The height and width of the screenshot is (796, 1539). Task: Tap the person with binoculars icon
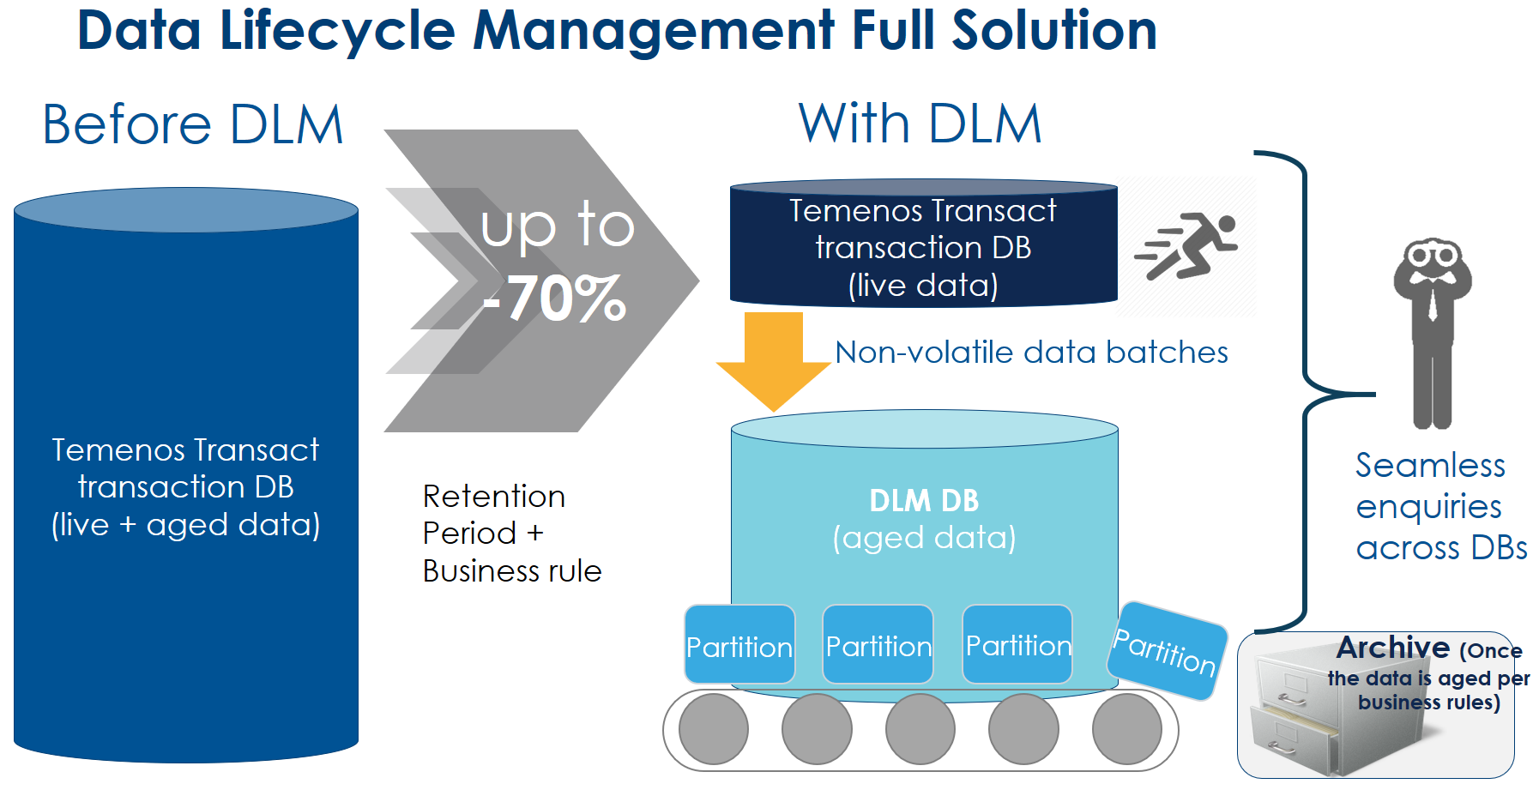tap(1432, 330)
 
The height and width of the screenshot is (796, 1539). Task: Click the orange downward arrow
tap(774, 360)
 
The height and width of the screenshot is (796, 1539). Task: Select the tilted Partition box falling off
tap(1166, 650)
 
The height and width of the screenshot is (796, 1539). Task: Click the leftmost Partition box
tap(739, 645)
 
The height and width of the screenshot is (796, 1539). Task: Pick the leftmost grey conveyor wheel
tap(713, 729)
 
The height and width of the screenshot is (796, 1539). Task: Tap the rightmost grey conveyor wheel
tap(1126, 729)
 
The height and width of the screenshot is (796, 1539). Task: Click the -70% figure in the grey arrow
tap(555, 298)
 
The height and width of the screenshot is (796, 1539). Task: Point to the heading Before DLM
tap(193, 124)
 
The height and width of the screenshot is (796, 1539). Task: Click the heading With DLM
tap(920, 124)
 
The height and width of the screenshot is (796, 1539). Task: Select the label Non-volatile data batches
tap(1031, 353)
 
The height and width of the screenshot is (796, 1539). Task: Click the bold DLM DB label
tap(924, 501)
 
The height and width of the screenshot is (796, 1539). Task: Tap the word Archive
tap(1392, 648)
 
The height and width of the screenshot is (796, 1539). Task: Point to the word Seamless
tap(1430, 466)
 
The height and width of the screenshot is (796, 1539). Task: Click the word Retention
tap(494, 497)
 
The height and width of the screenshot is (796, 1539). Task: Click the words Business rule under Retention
tap(512, 571)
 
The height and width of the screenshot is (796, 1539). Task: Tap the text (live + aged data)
tap(186, 525)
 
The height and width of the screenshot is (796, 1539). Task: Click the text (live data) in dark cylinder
tap(923, 286)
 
